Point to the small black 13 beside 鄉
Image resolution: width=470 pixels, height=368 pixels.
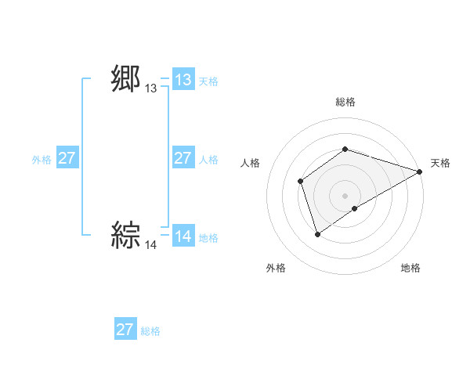(x=150, y=89)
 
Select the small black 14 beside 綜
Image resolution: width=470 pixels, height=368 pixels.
(x=150, y=245)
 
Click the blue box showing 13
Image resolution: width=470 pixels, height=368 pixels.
(x=183, y=80)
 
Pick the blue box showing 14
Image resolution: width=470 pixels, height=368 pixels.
(x=183, y=236)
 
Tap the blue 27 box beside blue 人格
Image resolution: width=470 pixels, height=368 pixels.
(x=183, y=158)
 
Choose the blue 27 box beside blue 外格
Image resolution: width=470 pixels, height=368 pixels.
(x=67, y=158)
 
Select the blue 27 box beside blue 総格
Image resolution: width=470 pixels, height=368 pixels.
(x=125, y=330)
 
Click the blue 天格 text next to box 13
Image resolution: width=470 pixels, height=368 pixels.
(x=208, y=81)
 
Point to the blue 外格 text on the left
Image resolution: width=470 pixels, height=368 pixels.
(x=42, y=159)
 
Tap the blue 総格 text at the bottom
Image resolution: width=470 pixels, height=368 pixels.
(x=150, y=331)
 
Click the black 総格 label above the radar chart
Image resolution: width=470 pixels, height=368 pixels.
(x=345, y=102)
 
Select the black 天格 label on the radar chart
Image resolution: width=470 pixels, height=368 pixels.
(x=440, y=163)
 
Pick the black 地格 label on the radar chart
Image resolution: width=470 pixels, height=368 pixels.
(x=410, y=268)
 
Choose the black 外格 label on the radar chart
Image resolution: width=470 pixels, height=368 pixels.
(x=276, y=268)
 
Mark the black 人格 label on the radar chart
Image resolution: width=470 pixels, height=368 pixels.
(x=250, y=163)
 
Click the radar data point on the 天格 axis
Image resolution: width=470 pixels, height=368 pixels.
(x=420, y=171)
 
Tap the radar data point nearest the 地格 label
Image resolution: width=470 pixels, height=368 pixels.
(x=355, y=208)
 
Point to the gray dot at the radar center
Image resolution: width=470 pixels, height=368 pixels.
(x=345, y=196)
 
